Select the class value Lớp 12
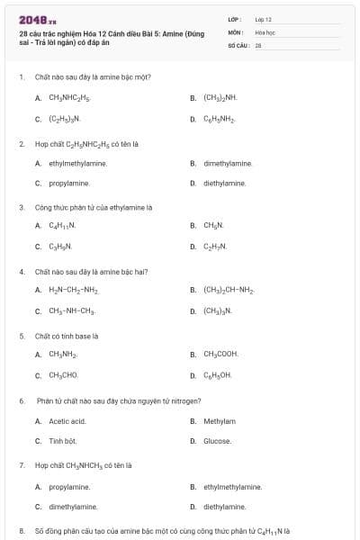[263, 19]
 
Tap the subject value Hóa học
[264, 31]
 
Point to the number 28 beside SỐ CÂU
[258, 44]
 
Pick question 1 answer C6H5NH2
[219, 118]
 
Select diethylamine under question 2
[224, 183]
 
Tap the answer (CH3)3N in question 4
[218, 310]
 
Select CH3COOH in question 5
[220, 354]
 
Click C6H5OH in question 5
[218, 375]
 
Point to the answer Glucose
[217, 441]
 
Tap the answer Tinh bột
[63, 441]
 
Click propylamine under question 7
[69, 486]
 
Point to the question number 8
[22, 530]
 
